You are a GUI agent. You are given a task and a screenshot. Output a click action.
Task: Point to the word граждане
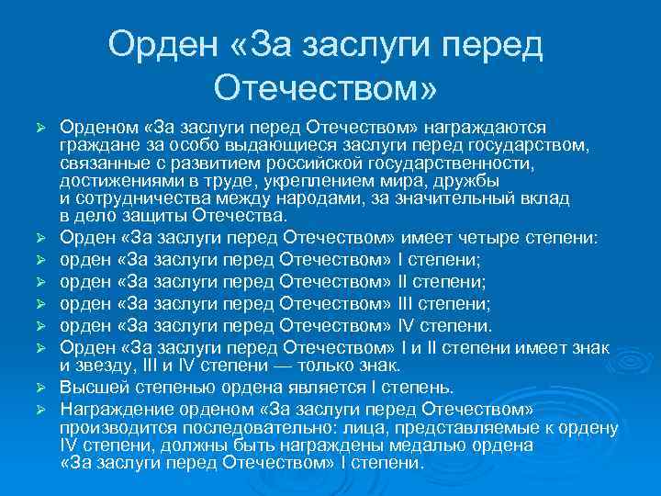tap(96, 144)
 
